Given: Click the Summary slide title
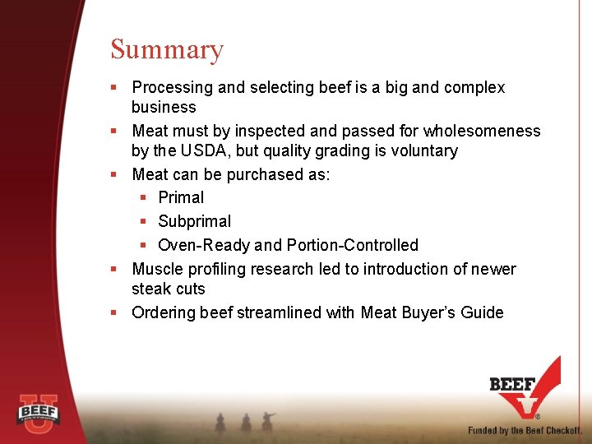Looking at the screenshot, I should pos(167,50).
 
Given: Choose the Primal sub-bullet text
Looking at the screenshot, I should pos(181,198).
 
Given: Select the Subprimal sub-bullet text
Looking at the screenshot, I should pos(194,222).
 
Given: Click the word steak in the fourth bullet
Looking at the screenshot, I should pos(150,289).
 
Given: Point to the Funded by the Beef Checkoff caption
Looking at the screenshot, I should pos(525,430).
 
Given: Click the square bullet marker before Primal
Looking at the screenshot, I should pos(143,198).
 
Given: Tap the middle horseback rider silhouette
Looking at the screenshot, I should pos(245,423).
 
